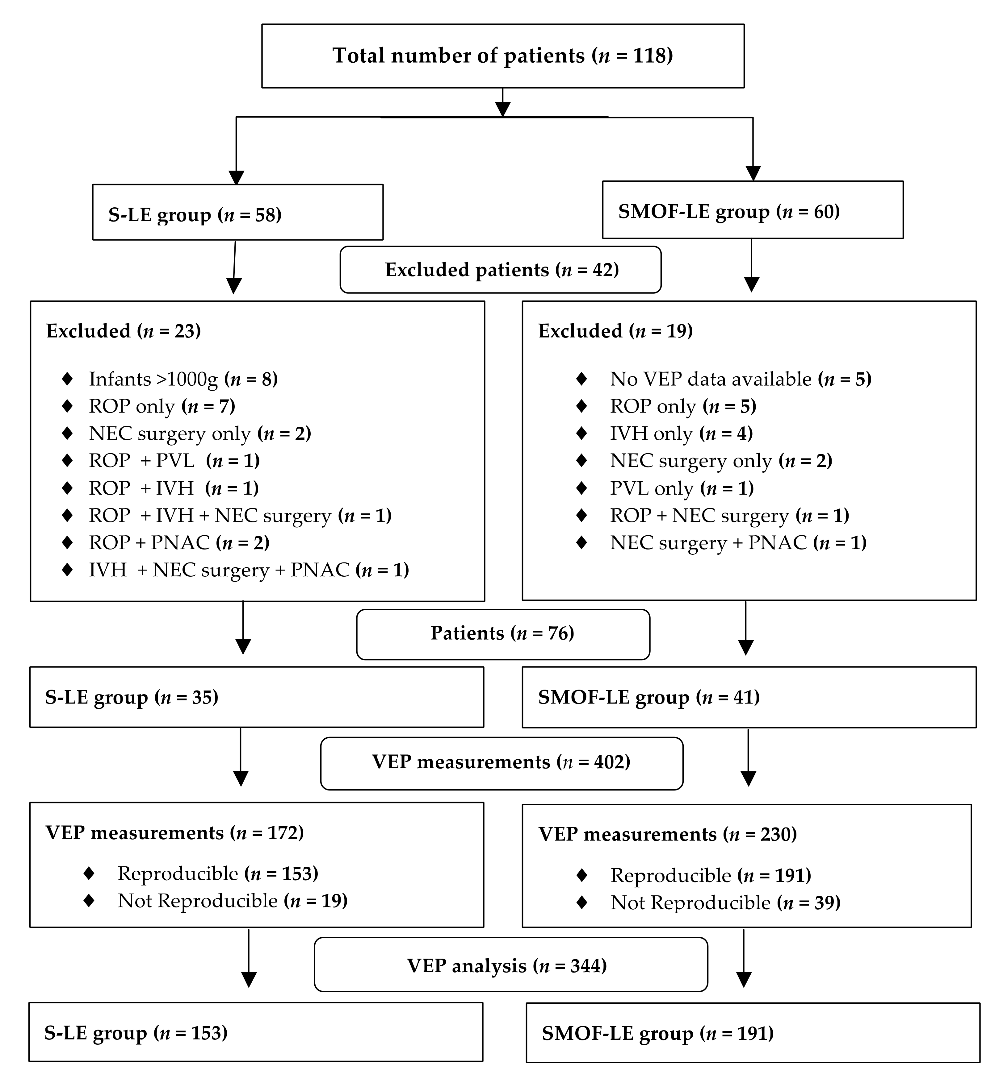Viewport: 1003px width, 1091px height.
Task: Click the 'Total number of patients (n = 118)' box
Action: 503,56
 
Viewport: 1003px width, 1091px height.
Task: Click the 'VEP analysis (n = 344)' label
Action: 506,966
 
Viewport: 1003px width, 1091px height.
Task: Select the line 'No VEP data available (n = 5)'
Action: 740,379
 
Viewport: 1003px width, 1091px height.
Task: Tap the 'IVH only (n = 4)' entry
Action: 681,434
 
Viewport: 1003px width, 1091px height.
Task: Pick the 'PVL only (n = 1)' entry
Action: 682,488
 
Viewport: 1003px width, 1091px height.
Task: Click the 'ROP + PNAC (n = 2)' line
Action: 179,543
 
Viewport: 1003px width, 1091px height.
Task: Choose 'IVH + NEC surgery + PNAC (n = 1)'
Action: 249,570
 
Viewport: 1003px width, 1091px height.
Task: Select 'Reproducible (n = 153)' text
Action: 218,873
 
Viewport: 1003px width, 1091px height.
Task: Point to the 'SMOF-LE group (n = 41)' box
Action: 749,697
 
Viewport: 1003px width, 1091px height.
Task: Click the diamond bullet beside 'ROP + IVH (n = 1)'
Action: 67,488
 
